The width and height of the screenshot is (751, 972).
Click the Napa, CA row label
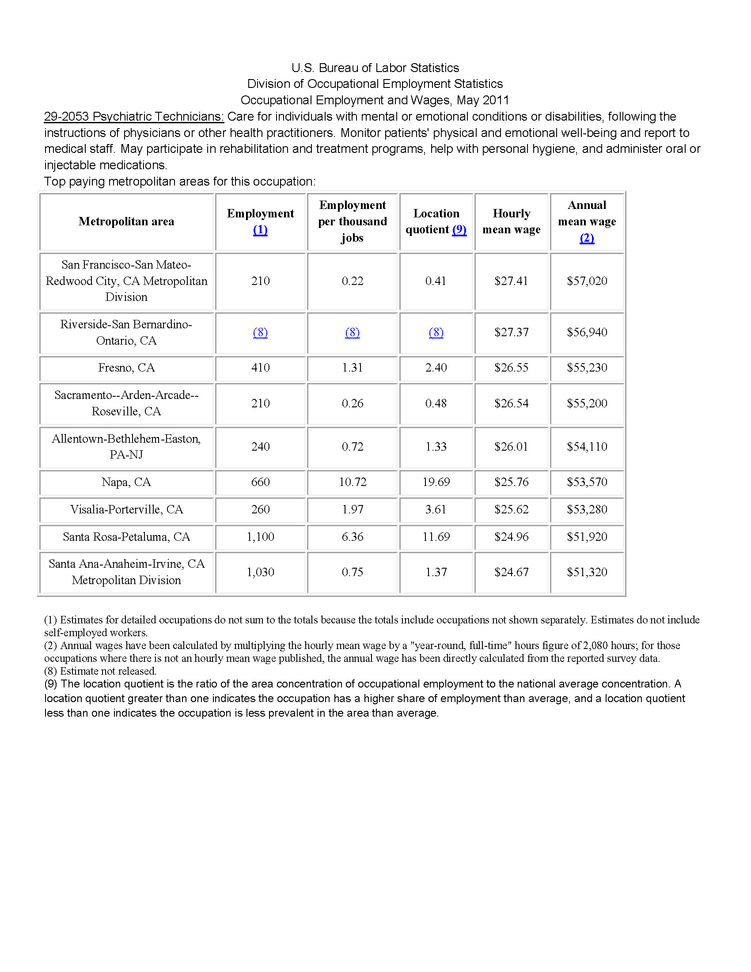pyautogui.click(x=126, y=482)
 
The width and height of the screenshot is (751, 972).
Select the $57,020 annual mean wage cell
pyautogui.click(x=587, y=281)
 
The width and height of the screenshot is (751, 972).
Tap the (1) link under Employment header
pyautogui.click(x=260, y=230)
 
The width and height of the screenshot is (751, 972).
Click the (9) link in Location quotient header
pyautogui.click(x=459, y=230)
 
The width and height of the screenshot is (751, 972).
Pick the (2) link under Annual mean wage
pyautogui.click(x=587, y=238)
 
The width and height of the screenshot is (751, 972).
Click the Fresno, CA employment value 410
pyautogui.click(x=260, y=368)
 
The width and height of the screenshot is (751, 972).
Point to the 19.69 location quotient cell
pyautogui.click(x=436, y=482)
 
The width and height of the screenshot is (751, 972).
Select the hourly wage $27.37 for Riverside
pyautogui.click(x=511, y=332)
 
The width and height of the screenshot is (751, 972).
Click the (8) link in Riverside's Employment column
pyautogui.click(x=260, y=332)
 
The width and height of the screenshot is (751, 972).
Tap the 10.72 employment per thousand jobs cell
pyautogui.click(x=353, y=482)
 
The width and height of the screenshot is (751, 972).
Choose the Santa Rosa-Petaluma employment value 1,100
pyautogui.click(x=260, y=537)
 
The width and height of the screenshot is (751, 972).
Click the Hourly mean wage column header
pyautogui.click(x=511, y=221)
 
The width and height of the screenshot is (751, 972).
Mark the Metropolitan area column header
pyautogui.click(x=126, y=221)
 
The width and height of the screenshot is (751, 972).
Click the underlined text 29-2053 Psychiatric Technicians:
pyautogui.click(x=134, y=117)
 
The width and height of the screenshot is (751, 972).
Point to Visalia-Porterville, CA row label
pyautogui.click(x=126, y=509)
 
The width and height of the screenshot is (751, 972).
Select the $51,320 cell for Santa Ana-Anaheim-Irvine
pyautogui.click(x=587, y=572)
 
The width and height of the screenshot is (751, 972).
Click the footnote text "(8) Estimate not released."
pyautogui.click(x=100, y=671)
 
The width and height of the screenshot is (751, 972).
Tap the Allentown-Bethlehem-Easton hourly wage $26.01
pyautogui.click(x=511, y=447)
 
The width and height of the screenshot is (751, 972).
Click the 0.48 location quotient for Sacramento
pyautogui.click(x=436, y=403)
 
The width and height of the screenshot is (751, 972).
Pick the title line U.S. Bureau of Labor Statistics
pyautogui.click(x=375, y=68)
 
